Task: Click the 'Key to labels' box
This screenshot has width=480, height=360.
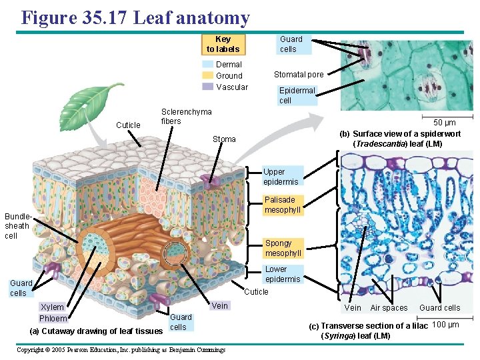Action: coord(223,44)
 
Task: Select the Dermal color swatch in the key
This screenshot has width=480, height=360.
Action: coord(208,65)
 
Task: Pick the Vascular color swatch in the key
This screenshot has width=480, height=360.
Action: coord(208,87)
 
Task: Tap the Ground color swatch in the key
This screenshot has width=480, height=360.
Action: coord(208,76)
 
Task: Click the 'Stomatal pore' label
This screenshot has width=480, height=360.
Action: coord(299,75)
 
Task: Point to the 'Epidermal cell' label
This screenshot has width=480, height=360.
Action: coord(296,95)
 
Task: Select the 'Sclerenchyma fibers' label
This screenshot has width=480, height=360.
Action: coord(186,117)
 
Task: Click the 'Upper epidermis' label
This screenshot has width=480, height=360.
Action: coord(281,177)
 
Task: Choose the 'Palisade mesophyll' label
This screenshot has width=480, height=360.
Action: coord(282,205)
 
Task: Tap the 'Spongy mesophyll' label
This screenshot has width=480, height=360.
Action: coord(283,248)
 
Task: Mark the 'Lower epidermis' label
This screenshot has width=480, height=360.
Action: coord(282,274)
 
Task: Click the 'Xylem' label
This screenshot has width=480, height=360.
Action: coord(53,307)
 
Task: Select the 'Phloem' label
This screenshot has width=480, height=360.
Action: coord(53,318)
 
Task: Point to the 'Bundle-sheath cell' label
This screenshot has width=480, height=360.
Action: coord(17,226)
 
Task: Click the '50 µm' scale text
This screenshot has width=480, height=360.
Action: coord(445,123)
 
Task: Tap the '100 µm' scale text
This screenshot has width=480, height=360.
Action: coord(445,325)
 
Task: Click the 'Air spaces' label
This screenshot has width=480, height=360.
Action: coord(389,308)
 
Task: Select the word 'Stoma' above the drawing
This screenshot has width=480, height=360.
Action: coord(224,139)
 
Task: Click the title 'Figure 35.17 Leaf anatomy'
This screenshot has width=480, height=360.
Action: coord(135,18)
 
